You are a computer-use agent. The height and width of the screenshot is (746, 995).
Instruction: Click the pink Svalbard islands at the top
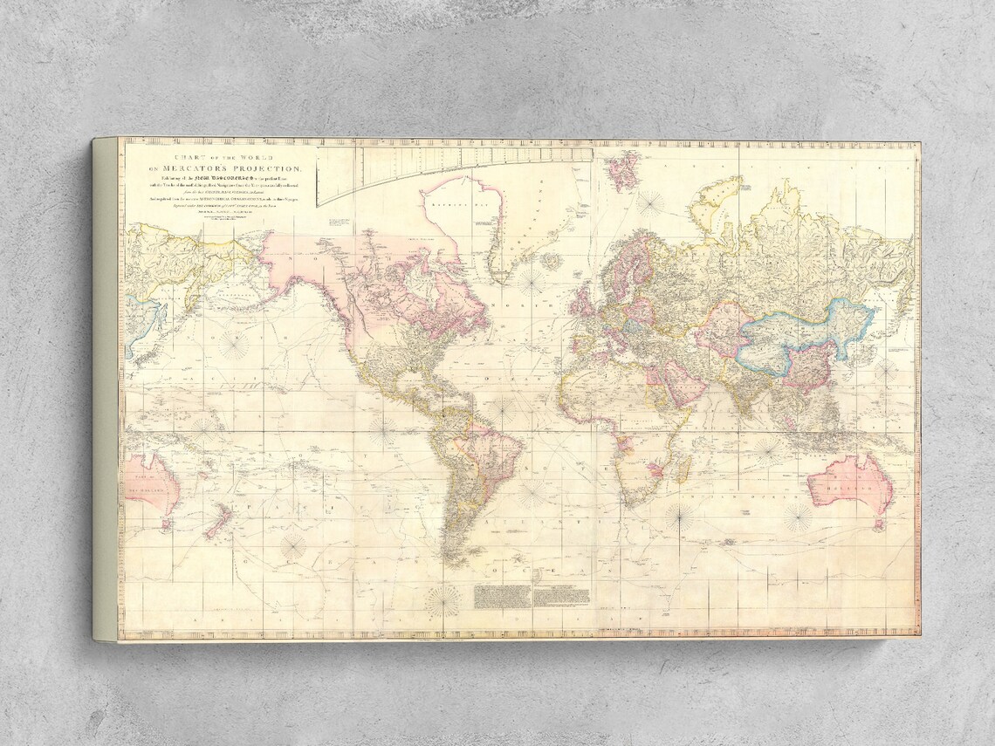click(x=623, y=171)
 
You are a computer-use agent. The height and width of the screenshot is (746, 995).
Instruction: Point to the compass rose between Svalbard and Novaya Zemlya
click(x=649, y=203)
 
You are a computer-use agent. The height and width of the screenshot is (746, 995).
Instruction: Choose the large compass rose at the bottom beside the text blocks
click(x=444, y=601)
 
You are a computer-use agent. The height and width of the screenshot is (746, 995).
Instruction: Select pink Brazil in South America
click(x=490, y=454)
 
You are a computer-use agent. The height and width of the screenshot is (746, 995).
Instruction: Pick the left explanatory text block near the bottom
click(x=503, y=596)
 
